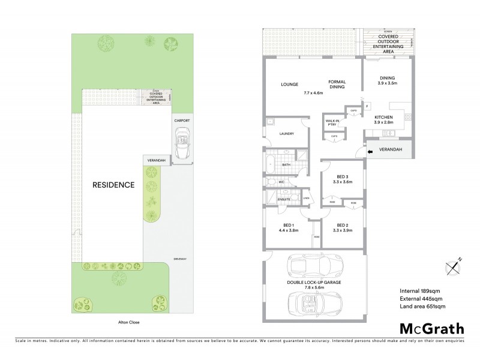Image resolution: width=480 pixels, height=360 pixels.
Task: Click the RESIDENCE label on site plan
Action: tap(113, 185)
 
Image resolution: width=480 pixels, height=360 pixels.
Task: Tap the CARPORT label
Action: tap(182, 121)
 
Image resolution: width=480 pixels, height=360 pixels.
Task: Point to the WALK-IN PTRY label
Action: tap(333, 122)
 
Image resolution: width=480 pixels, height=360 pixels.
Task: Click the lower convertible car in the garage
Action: tap(314, 302)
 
